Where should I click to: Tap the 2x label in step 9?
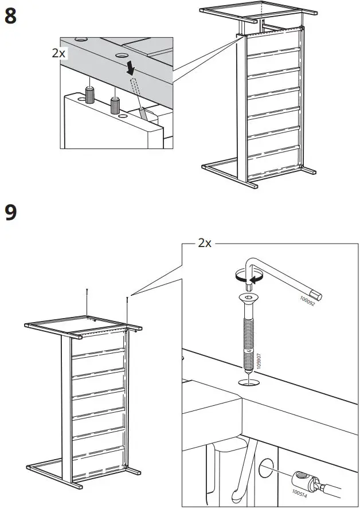coord(205,243)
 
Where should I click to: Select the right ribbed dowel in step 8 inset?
coord(115,105)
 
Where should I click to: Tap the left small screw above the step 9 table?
coord(87,294)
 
